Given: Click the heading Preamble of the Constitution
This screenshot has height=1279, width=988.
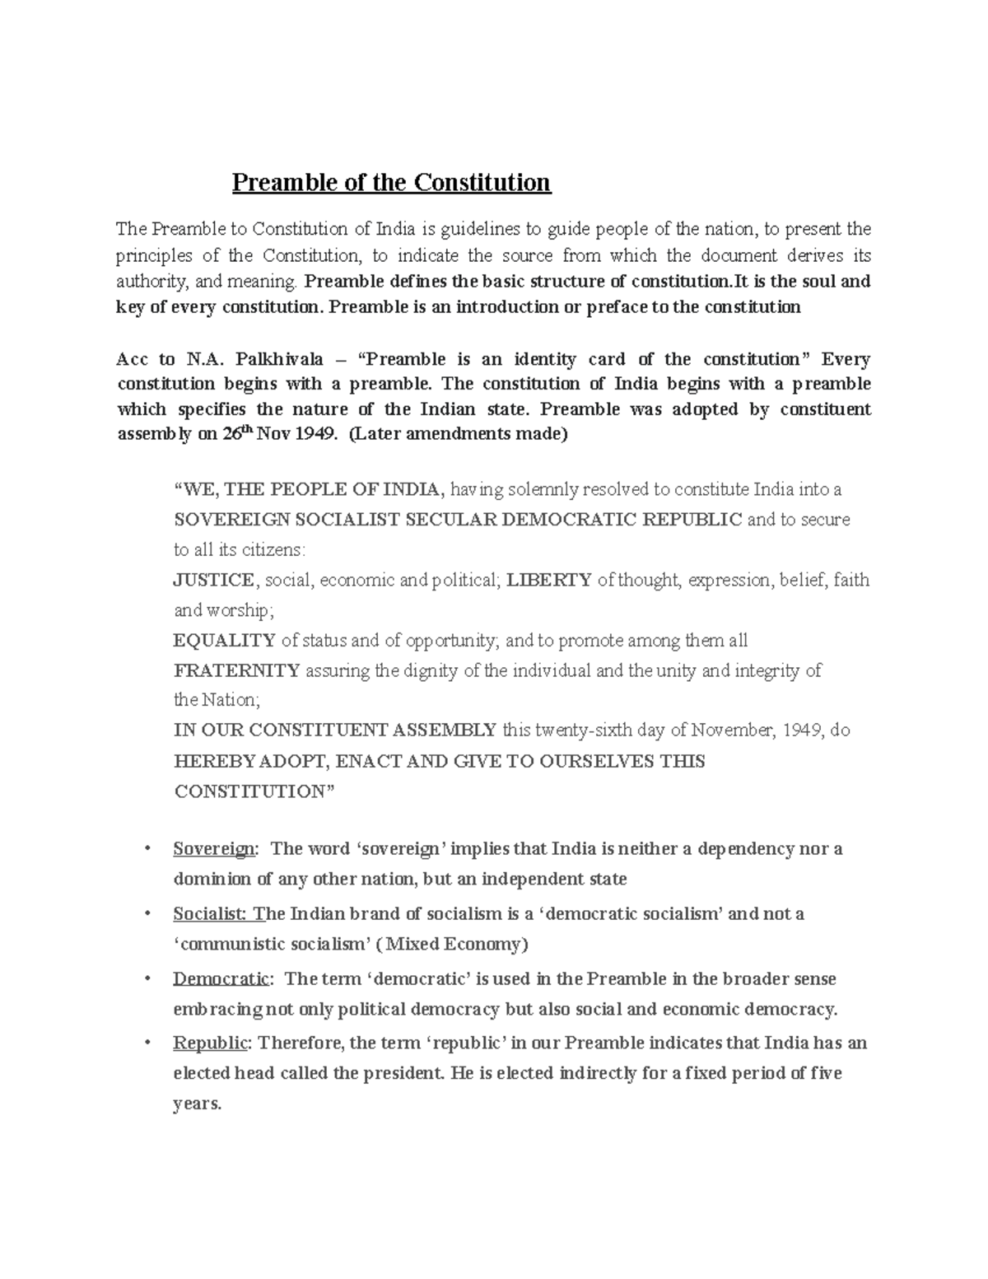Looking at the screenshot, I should pyautogui.click(x=391, y=182).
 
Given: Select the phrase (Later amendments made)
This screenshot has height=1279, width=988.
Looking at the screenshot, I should pyautogui.click(x=459, y=435).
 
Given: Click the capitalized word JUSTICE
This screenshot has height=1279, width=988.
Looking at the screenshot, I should pyautogui.click(x=213, y=580).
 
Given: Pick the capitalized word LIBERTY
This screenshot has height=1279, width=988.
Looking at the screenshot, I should pyautogui.click(x=548, y=580).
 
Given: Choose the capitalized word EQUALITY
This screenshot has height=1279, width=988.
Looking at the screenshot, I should pyautogui.click(x=224, y=640).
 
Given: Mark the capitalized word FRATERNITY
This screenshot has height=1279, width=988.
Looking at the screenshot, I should pyautogui.click(x=236, y=670).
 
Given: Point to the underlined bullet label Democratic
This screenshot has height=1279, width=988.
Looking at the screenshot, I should pyautogui.click(x=221, y=979).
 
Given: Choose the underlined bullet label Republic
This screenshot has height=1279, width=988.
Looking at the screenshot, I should pyautogui.click(x=210, y=1043).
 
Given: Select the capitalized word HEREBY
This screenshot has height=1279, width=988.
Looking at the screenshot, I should pyautogui.click(x=203, y=761).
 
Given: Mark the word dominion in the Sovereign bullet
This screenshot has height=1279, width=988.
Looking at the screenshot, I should pyautogui.click(x=211, y=879).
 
